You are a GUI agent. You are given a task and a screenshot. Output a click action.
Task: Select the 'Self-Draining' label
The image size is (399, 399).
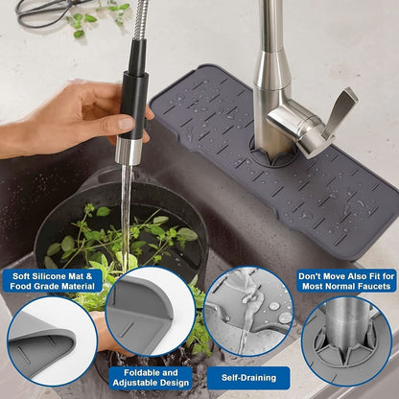[248, 378]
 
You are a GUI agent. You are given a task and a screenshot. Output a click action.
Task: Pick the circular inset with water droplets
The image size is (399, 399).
[248, 312]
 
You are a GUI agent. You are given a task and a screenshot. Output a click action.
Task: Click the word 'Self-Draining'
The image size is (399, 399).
[248, 378]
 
